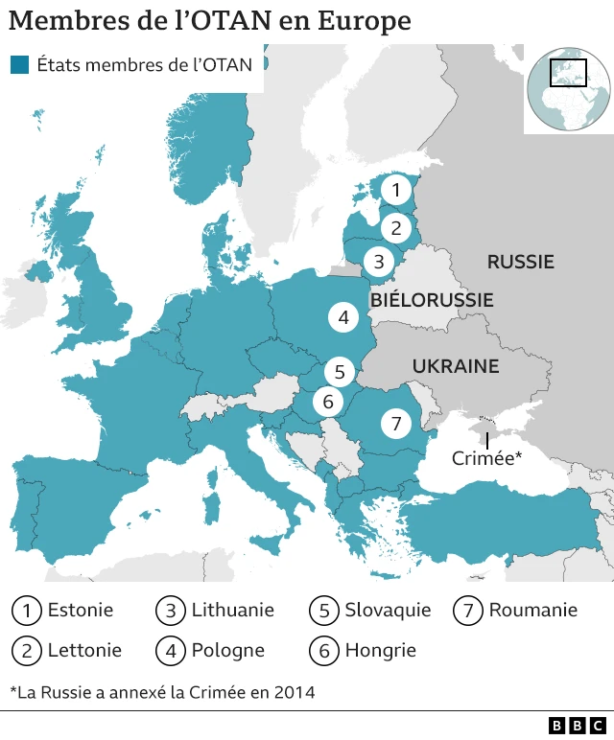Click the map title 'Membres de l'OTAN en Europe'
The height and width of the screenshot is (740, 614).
[x=210, y=21]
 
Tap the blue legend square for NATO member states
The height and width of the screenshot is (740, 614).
[x=19, y=65]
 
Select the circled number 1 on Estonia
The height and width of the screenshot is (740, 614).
[x=395, y=190]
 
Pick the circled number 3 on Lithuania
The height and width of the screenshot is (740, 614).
[x=379, y=261]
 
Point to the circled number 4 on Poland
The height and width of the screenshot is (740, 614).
[x=342, y=317]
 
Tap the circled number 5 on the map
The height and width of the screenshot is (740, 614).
[x=339, y=371]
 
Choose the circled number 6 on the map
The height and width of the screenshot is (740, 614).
[x=328, y=402]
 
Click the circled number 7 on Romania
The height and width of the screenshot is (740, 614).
[x=395, y=423]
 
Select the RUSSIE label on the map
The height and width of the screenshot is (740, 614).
[x=520, y=262]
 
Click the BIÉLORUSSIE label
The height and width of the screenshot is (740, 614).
[x=432, y=300]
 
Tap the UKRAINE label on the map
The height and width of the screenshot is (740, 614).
[x=456, y=366]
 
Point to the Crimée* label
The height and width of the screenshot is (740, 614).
[x=486, y=458]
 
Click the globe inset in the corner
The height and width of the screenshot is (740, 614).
[x=568, y=88]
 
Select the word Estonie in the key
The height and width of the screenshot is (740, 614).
[x=81, y=610]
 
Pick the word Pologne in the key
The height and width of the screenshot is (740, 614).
[x=227, y=650]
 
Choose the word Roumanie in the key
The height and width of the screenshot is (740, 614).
[x=532, y=610]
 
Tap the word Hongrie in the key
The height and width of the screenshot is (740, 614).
[x=380, y=650]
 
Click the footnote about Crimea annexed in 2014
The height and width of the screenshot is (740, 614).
[x=162, y=691]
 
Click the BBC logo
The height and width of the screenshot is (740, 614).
[x=578, y=726]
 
